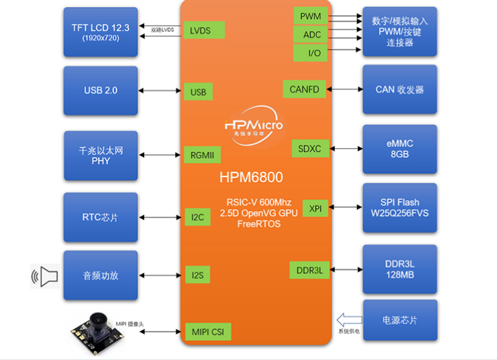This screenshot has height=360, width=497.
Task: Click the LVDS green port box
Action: tap(203, 30)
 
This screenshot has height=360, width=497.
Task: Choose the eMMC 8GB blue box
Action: tap(399, 148)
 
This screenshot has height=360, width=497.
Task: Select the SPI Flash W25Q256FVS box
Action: tap(399, 208)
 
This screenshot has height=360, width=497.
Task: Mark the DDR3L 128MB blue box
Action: tap(399, 268)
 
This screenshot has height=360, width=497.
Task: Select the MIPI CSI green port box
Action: tap(207, 333)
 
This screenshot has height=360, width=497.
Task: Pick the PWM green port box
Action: tap(310, 16)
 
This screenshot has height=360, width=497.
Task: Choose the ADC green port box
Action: tap(310, 34)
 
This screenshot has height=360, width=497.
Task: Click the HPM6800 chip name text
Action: tap(251, 177)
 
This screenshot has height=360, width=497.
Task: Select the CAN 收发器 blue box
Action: tap(399, 89)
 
